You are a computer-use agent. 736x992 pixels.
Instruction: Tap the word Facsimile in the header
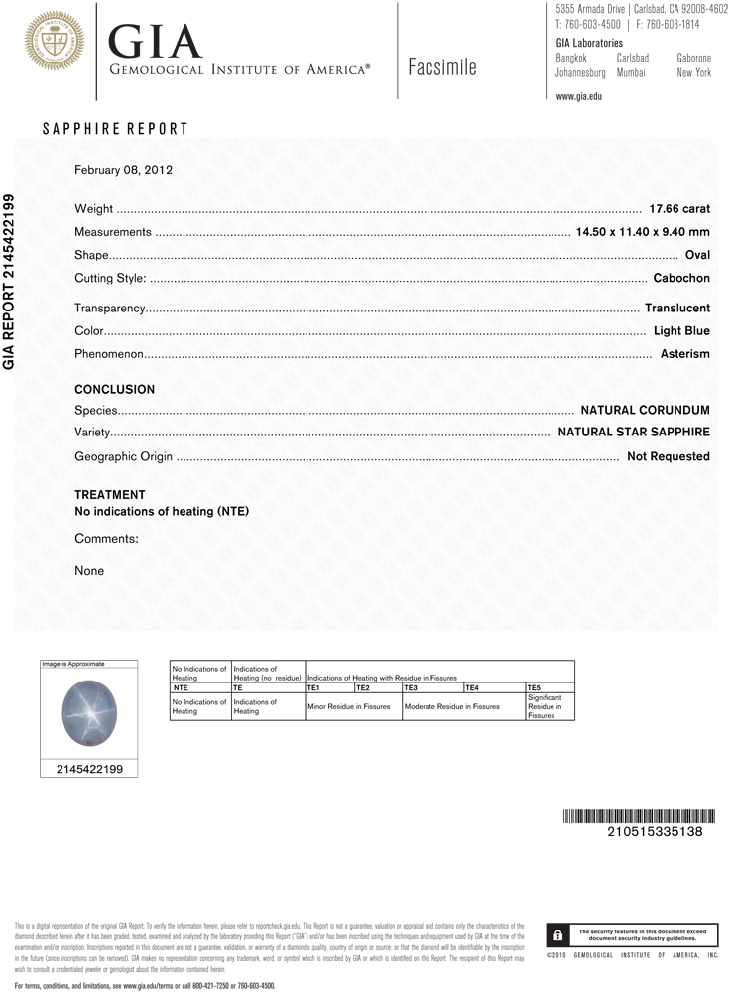[x=441, y=67]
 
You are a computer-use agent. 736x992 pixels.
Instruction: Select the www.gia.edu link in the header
[x=579, y=96]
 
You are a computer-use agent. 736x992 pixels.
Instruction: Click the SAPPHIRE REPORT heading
[x=115, y=129]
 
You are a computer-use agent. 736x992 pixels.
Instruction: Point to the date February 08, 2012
[x=124, y=170]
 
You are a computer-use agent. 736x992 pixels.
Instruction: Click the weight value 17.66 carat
[x=679, y=209]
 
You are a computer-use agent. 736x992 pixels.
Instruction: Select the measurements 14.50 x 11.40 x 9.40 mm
[x=643, y=232]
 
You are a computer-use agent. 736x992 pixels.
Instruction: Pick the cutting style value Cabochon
[x=681, y=278]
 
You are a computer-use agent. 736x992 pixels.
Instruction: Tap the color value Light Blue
[x=681, y=330]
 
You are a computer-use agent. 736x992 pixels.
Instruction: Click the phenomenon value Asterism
[x=685, y=354]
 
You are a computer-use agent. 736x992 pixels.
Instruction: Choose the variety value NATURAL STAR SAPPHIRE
[x=634, y=433]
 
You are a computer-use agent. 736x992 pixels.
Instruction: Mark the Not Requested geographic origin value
[x=669, y=456]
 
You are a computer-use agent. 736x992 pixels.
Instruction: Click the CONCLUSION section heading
[x=115, y=390]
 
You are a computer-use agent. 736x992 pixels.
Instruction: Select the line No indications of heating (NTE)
[x=162, y=512]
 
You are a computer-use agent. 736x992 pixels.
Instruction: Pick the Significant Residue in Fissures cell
[x=549, y=706]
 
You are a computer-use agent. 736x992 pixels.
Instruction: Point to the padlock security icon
[x=559, y=935]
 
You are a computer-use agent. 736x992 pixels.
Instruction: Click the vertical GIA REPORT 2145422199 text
[x=11, y=282]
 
